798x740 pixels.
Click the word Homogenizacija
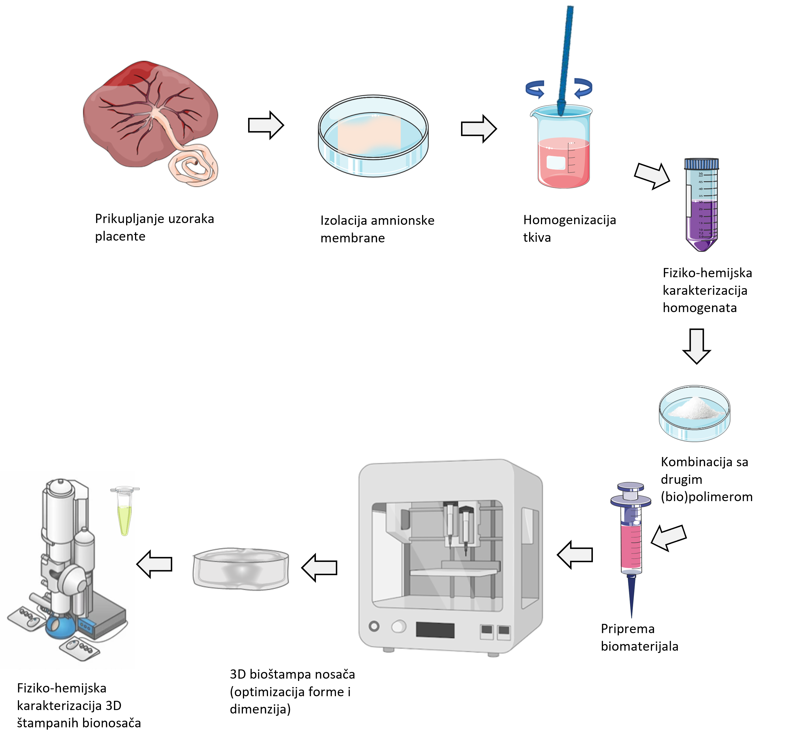[x=569, y=220]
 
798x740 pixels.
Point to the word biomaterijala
[x=639, y=646]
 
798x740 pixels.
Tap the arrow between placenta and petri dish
[x=266, y=125]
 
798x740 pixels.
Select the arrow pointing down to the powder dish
[x=697, y=346]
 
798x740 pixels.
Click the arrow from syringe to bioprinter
[x=575, y=555]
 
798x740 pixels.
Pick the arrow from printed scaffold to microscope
[x=154, y=564]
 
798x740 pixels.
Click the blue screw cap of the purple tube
[x=701, y=164]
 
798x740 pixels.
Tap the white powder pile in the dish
[x=695, y=408]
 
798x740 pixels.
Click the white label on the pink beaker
[x=556, y=163]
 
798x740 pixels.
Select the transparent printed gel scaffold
[x=241, y=569]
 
